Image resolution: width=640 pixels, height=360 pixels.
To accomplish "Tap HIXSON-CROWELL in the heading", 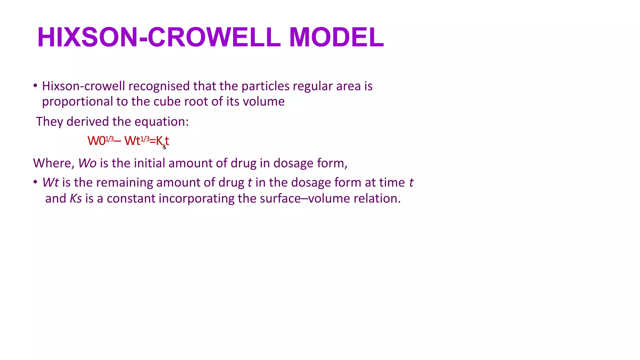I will coord(159,37).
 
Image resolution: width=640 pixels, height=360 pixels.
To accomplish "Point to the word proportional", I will coord(77,102).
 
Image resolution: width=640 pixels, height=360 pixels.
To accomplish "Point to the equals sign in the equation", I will coord(152,141).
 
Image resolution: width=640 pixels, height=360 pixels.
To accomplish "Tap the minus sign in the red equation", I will coord(118,141).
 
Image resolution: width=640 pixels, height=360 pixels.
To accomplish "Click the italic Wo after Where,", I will coord(87,163).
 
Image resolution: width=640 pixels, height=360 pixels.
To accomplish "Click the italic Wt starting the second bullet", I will coord(50,182).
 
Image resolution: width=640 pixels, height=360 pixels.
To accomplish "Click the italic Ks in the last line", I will coord(76,199).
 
